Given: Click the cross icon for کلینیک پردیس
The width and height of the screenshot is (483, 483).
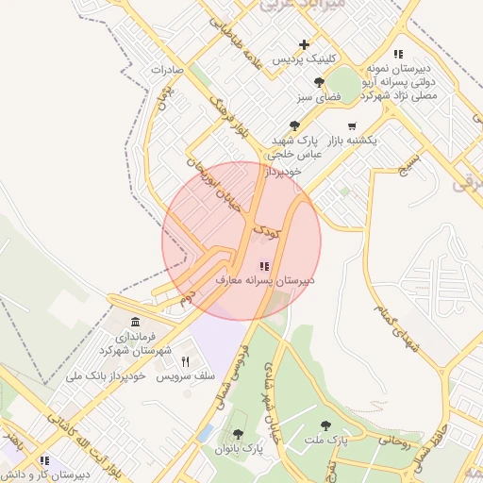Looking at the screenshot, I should point(304,44).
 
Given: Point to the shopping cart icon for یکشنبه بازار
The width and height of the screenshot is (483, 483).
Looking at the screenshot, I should point(352,126).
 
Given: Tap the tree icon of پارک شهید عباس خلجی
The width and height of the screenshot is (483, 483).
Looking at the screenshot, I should point(295,125).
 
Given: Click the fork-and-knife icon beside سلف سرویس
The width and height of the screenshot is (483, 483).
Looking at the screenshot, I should point(186,362).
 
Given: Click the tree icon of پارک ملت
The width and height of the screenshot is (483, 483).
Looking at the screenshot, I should point(326,426).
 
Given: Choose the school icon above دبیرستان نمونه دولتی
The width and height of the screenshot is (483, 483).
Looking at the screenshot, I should point(399,55).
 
